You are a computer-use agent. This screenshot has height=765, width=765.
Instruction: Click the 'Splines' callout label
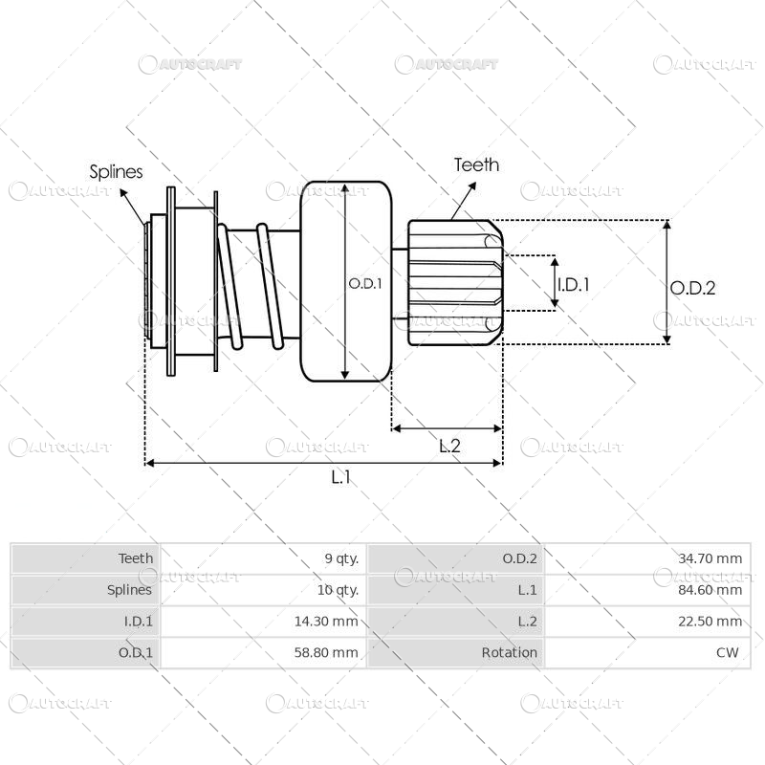click(x=116, y=172)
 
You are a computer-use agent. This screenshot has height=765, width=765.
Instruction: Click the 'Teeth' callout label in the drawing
click(x=476, y=164)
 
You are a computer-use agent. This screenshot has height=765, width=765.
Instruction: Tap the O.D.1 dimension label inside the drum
click(x=364, y=283)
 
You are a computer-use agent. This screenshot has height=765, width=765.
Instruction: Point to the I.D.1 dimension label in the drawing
click(x=574, y=284)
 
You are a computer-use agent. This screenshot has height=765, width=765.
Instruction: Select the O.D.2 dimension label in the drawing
click(x=692, y=287)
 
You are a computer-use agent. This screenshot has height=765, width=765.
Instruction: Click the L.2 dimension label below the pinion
click(x=449, y=445)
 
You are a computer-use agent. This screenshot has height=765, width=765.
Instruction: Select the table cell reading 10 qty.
click(x=339, y=590)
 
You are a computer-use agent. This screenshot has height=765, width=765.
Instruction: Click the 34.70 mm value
click(x=710, y=558)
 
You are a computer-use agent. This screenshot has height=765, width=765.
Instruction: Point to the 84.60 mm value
click(x=710, y=590)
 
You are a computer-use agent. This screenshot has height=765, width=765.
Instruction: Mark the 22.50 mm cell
click(x=710, y=622)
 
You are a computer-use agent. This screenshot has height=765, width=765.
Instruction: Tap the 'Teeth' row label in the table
click(x=135, y=558)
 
